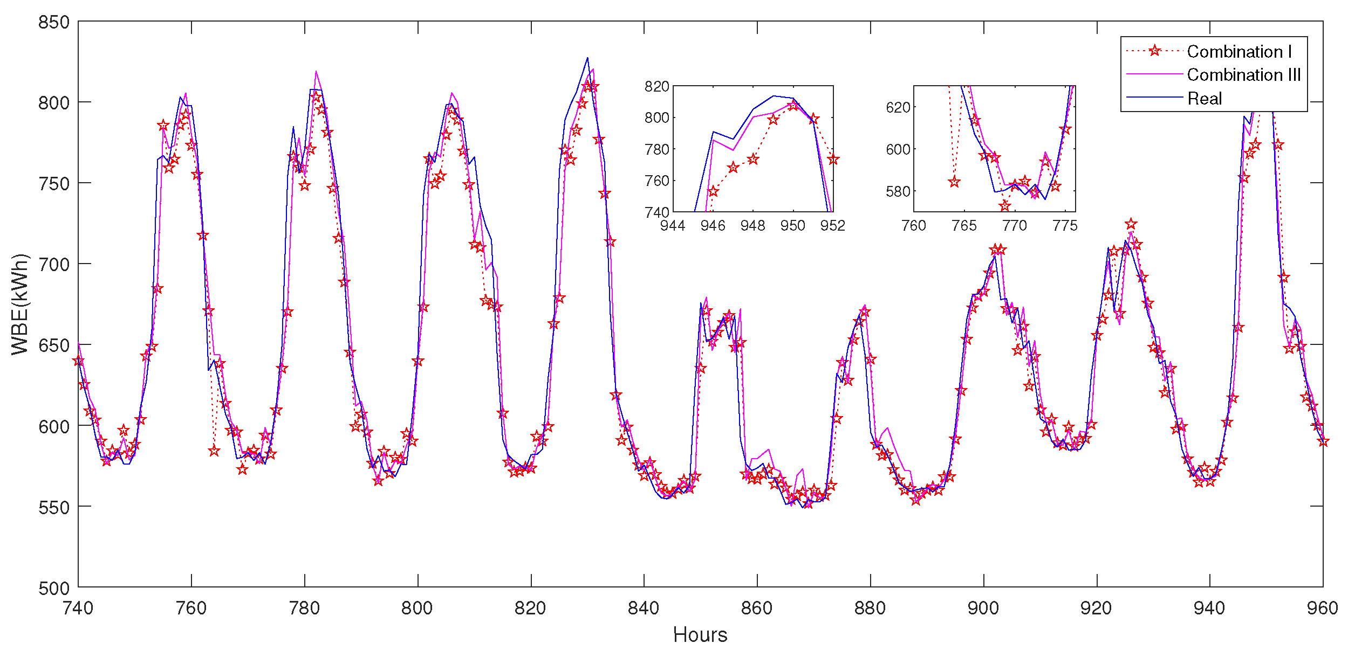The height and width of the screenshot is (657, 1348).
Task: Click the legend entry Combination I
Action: (1239, 52)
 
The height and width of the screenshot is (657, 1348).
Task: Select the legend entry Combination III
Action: (1243, 75)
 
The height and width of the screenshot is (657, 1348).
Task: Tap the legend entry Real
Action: (1205, 99)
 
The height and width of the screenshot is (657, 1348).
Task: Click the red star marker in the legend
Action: (1154, 51)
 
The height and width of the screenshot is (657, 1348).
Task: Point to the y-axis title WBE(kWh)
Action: (20, 305)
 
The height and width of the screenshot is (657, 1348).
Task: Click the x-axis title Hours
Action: (700, 635)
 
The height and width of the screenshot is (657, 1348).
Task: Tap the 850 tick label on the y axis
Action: (54, 23)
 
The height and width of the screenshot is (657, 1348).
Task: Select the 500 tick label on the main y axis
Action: (54, 588)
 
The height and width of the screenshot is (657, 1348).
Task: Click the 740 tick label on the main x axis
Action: (78, 608)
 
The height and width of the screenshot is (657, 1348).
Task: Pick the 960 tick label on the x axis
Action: (1322, 608)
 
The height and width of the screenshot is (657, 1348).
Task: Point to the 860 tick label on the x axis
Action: (757, 608)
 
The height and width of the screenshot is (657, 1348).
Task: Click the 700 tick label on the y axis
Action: (54, 265)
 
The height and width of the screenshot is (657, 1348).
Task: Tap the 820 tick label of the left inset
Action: (656, 87)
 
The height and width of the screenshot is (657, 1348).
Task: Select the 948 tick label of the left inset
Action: (752, 226)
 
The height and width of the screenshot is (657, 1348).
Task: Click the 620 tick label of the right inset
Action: (898, 107)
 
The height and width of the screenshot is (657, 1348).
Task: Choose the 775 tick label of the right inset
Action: (1064, 226)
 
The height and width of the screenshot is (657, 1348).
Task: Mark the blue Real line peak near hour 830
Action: (587, 58)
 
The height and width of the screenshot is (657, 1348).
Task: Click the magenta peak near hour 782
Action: (316, 71)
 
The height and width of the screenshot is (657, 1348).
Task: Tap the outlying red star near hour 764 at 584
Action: (214, 451)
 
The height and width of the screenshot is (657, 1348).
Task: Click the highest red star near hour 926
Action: (1131, 224)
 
